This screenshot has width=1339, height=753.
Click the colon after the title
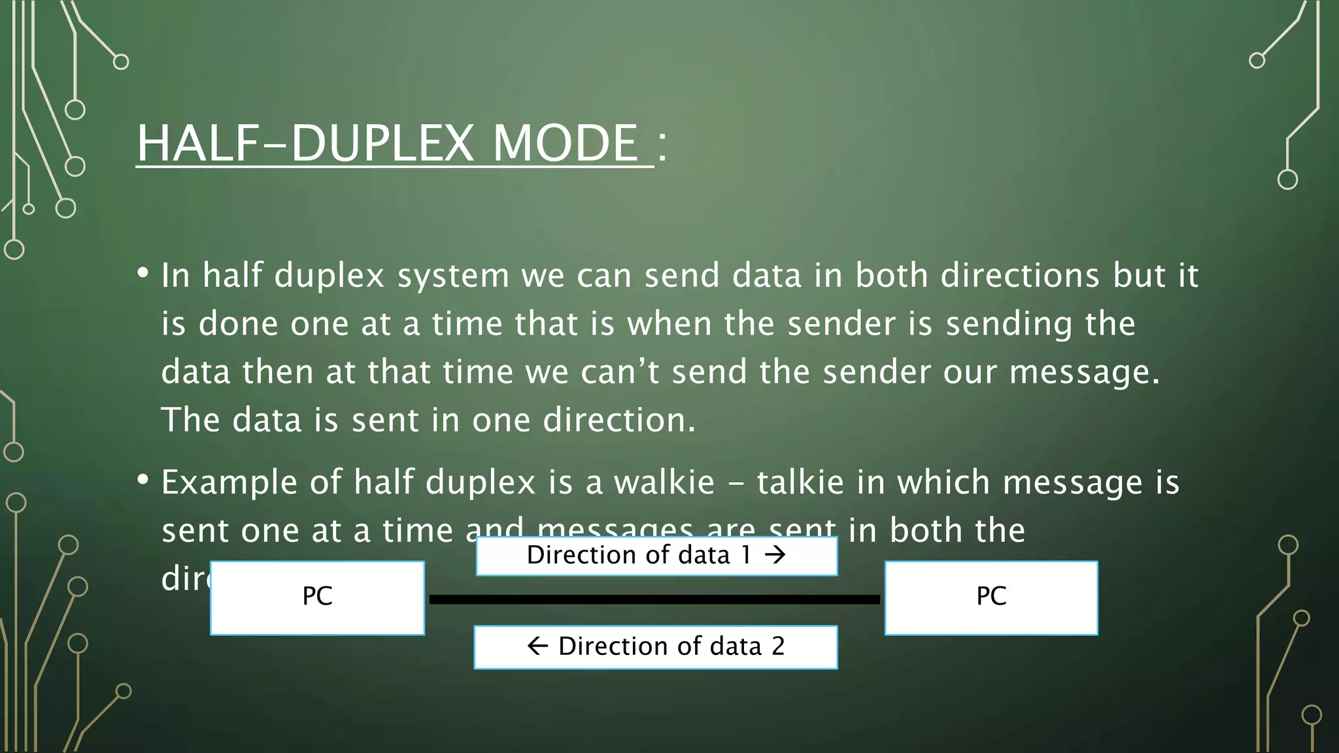[662, 144]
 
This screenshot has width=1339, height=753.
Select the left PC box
[318, 597]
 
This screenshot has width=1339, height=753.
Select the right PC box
[991, 597]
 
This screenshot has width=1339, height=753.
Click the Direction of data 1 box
[656, 556]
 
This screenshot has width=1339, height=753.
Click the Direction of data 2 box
[656, 647]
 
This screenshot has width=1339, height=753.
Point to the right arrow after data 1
[775, 556]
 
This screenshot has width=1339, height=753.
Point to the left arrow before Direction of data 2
[537, 646]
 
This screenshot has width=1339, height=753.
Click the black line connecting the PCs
[654, 599]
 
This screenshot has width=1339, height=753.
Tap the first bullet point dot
[143, 273]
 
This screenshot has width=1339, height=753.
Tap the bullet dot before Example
[143, 480]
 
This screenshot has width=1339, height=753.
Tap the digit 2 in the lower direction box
[778, 646]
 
